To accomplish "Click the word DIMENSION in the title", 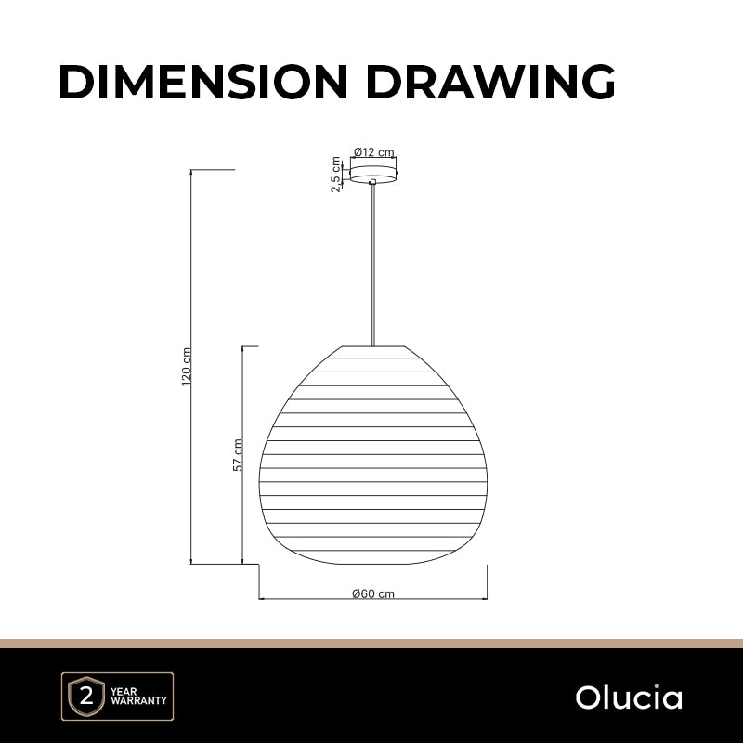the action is coord(203,82).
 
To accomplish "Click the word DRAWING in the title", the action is coord(490,82).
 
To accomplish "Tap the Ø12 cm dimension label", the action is coord(374,152).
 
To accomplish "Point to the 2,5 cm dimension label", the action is coord(336,175).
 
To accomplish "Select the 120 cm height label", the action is coord(187,367).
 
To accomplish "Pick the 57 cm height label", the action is coord(238,455).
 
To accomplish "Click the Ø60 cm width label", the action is coord(373,593).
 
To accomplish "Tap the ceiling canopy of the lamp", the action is coord(373,174).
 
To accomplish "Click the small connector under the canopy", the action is coord(373,181).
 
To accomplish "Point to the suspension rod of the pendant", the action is coord(373,266).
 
